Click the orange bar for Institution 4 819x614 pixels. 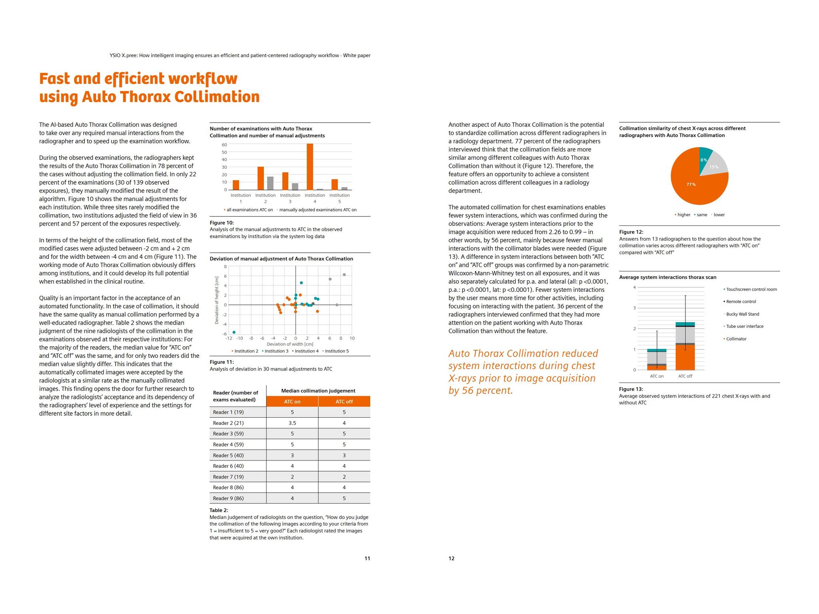[310, 167]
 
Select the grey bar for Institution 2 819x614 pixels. [270, 183]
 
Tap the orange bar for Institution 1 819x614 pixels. [236, 185]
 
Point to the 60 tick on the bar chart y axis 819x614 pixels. [224, 145]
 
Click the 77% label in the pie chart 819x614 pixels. [691, 184]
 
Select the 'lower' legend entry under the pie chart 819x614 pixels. [719, 215]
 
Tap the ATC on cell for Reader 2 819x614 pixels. [292, 423]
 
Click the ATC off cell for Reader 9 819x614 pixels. [344, 498]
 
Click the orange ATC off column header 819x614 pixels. [344, 401]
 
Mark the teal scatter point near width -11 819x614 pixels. [234, 332]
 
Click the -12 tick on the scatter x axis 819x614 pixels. [228, 338]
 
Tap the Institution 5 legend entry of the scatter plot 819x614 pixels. [336, 351]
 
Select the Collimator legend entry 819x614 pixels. [736, 339]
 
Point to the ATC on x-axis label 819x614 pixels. [657, 376]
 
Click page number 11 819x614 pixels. [367, 558]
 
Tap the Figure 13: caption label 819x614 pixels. [631, 389]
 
